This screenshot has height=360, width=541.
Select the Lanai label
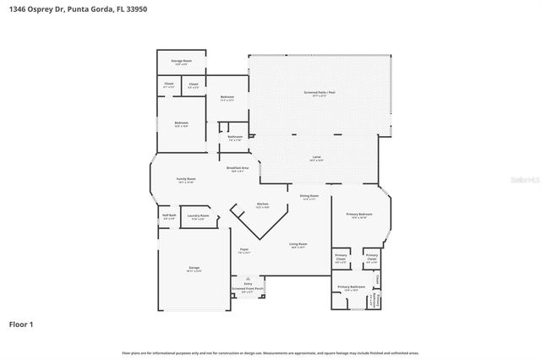tap(317, 157)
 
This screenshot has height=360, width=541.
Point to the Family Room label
tap(186, 179)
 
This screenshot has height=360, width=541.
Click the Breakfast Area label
tap(238, 168)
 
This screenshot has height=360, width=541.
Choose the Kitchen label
tap(262, 205)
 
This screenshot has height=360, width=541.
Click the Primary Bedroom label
tap(359, 215)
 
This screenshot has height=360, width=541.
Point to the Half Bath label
tap(169, 215)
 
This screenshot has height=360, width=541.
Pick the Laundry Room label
tap(199, 216)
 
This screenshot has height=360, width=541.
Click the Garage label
tap(194, 268)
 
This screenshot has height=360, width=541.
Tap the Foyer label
tap(243, 249)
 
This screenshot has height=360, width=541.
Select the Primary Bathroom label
tap(352, 287)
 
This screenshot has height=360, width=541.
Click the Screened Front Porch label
tap(248, 288)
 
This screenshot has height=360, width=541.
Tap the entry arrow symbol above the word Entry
tap(248, 277)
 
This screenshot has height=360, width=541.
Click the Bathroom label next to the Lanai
tap(235, 136)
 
